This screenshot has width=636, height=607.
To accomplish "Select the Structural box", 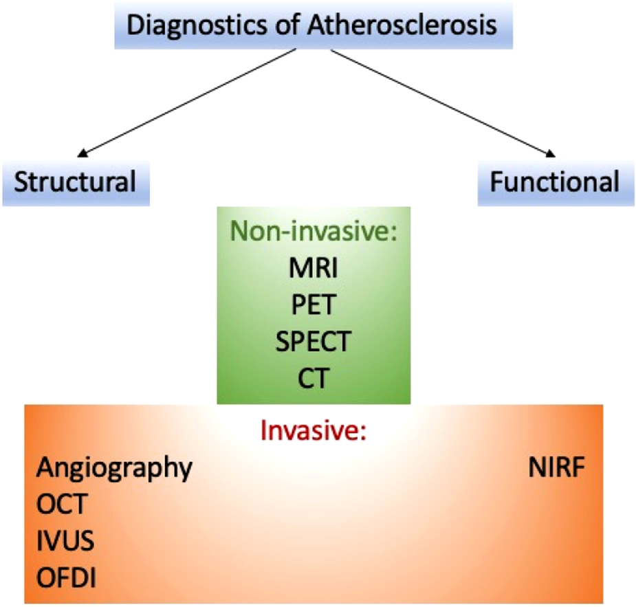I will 76,182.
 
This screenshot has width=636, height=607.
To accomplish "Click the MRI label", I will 314,267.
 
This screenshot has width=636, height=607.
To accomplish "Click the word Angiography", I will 114,469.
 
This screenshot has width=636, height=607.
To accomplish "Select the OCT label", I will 63,505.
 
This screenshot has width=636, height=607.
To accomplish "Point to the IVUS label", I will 65,542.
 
